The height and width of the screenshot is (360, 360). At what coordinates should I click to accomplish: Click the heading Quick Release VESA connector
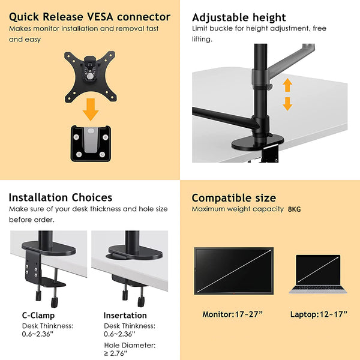click(89, 17)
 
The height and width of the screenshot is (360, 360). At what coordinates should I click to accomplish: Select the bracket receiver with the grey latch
click(89, 143)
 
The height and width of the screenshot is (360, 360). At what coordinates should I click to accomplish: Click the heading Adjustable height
click(239, 17)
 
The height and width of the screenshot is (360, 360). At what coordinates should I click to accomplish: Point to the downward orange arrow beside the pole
click(287, 103)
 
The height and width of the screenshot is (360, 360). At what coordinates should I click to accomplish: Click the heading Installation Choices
click(60, 197)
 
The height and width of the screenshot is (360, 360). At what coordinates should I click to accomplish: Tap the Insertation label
click(125, 315)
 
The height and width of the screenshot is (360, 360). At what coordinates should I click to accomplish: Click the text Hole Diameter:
click(129, 345)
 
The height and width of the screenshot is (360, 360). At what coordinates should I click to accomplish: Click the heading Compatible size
click(233, 197)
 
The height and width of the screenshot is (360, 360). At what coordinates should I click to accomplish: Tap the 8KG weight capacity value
click(295, 209)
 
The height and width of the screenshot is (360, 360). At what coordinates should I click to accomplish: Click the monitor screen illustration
click(233, 269)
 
